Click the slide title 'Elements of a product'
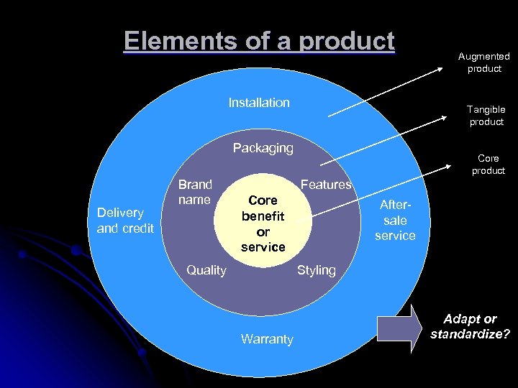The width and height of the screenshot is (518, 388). coord(259,41)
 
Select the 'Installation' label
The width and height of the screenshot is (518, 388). coord(259,103)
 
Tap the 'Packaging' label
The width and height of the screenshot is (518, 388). coord(263,148)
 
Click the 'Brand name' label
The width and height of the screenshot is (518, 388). coord(195,192)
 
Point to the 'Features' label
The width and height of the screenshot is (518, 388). coord(325,185)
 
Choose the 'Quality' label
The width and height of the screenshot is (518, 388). coord(206,270)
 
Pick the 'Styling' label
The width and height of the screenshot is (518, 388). coord(317,270)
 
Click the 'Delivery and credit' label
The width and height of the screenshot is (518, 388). coord(125,220)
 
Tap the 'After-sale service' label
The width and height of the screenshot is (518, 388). coord(395,220)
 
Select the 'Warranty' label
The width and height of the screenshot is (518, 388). coord(267,339)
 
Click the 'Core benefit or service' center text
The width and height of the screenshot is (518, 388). coord(263,223)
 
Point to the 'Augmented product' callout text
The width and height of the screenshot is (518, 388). coord(484,63)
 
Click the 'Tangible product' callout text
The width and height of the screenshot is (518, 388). coord(486,115)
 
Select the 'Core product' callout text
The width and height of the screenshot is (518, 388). coord(489,165)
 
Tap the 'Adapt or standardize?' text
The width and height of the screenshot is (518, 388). coord(470,326)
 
